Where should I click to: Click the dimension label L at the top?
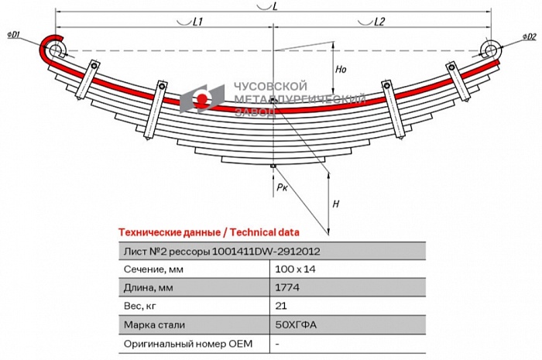click(275, 6)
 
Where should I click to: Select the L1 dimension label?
click(197, 22)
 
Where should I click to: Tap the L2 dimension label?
click(379, 22)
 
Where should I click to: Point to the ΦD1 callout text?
click(13, 35)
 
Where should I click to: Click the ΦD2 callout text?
click(529, 36)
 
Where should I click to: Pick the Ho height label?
click(341, 70)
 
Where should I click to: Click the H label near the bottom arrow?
click(335, 204)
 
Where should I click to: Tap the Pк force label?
click(282, 187)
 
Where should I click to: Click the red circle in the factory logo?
click(202, 99)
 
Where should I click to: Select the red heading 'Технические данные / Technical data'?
click(209, 232)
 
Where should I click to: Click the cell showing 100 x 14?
click(295, 269)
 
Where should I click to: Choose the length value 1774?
click(287, 287)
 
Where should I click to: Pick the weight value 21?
click(281, 306)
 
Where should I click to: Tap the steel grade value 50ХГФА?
click(296, 324)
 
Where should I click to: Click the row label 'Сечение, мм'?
click(153, 269)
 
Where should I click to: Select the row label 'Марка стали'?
click(154, 324)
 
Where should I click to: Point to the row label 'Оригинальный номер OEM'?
click(188, 344)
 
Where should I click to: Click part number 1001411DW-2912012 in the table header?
click(266, 251)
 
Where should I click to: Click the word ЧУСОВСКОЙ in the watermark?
click(271, 86)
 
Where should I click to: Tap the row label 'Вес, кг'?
click(139, 307)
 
